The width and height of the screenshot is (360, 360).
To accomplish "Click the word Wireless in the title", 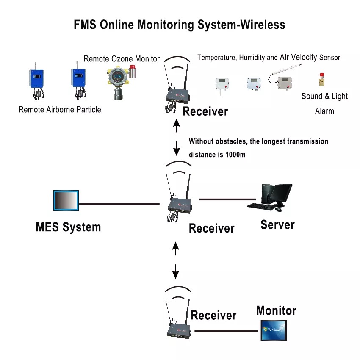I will [263, 25].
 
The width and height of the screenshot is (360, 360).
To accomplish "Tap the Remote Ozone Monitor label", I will [122, 59].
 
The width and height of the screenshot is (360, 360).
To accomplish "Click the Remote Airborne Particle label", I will [60, 110].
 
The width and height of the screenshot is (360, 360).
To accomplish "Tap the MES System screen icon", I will [66, 200].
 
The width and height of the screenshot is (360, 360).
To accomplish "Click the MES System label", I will [68, 227].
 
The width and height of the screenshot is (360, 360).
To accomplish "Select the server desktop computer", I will [271, 197].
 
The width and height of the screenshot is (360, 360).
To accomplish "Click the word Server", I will [277, 224].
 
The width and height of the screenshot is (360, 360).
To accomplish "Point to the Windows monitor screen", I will [274, 330].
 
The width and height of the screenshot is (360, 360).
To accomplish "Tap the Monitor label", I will [276, 311].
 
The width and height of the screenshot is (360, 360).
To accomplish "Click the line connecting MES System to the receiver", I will [119, 204].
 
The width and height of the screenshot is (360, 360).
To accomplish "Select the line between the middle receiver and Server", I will [227, 199].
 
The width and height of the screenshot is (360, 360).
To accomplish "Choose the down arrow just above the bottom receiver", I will [175, 270].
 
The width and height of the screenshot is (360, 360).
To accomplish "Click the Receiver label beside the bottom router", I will [213, 316].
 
